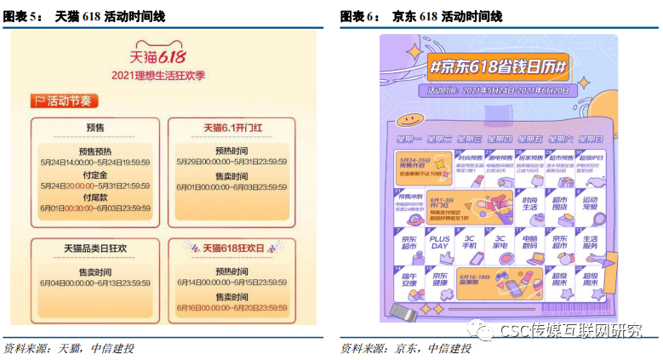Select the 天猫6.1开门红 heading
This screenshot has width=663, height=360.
(232, 128)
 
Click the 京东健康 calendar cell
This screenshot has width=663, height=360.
(439, 279)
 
